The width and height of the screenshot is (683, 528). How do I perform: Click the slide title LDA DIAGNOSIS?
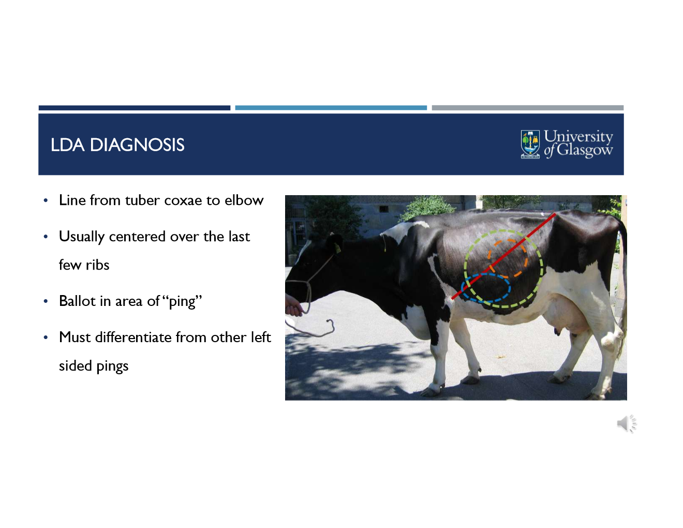pyautogui.click(x=117, y=145)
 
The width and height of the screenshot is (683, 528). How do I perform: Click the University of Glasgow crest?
pyautogui.click(x=530, y=144)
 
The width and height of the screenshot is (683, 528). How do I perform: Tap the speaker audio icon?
pyautogui.click(x=627, y=423)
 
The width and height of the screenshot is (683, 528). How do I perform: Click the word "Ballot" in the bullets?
pyautogui.click(x=77, y=301)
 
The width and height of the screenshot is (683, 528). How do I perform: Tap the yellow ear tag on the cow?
pyautogui.click(x=337, y=248)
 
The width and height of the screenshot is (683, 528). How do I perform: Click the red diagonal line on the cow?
pyautogui.click(x=503, y=256)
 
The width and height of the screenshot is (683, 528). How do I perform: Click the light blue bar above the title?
pyautogui.click(x=331, y=108)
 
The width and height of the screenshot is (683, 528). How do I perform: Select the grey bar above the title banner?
pyautogui.click(x=528, y=108)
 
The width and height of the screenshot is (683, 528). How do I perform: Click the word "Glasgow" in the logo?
pyautogui.click(x=585, y=150)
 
